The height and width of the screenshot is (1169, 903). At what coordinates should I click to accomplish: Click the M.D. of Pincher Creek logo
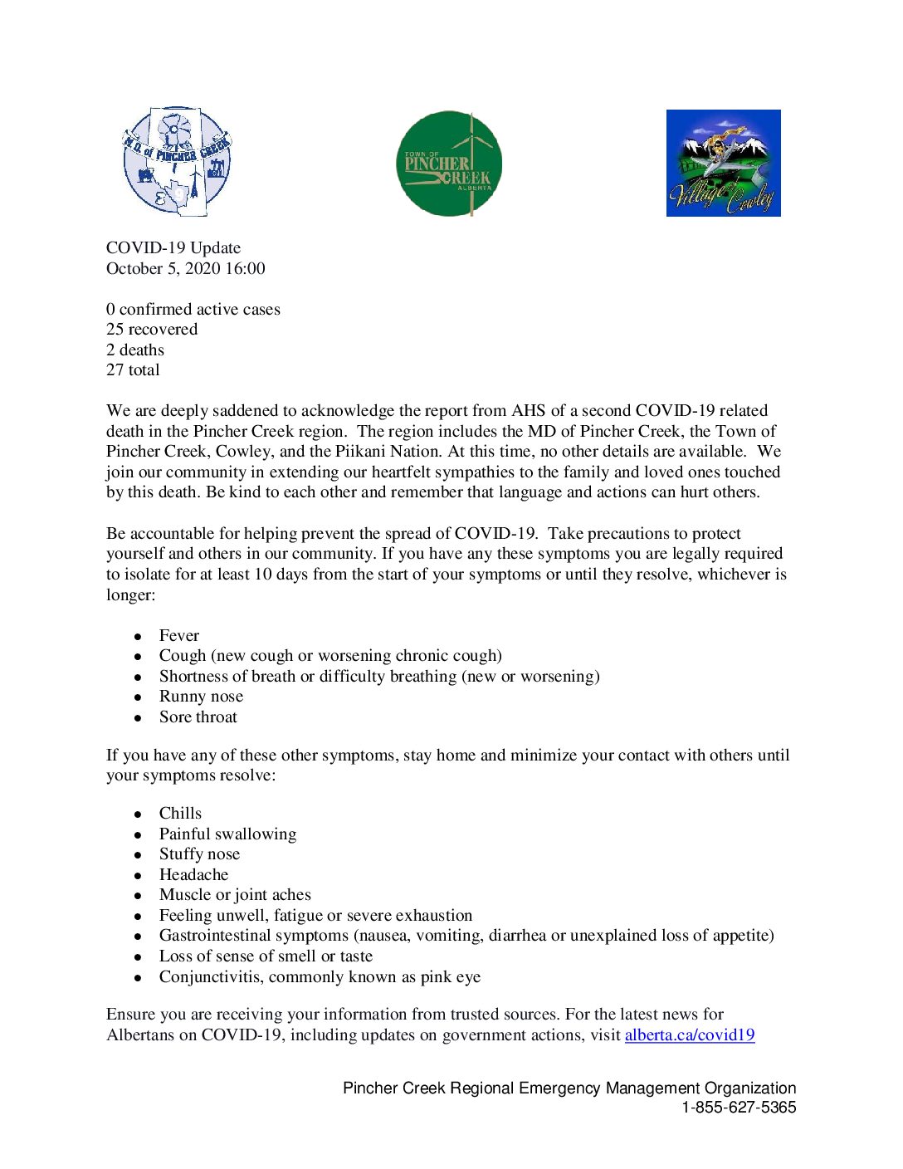(176, 161)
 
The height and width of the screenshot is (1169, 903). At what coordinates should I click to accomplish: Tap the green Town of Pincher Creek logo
(449, 164)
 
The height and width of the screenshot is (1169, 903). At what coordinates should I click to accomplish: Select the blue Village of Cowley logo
(723, 163)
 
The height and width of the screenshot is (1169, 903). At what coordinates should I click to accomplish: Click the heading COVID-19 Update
(173, 247)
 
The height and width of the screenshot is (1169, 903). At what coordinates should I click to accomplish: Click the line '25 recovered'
(152, 329)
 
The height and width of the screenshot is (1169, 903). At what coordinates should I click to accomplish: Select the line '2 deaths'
(135, 350)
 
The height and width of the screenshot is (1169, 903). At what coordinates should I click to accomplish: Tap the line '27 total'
(133, 369)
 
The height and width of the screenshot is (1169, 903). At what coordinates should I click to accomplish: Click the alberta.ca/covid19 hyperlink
(689, 1034)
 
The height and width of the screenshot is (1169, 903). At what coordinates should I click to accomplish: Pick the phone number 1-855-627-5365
(739, 1107)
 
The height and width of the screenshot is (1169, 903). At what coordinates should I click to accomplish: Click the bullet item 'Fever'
(179, 635)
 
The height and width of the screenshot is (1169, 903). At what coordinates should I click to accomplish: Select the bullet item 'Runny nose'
(201, 696)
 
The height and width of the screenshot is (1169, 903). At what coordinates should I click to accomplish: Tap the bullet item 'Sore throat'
(198, 717)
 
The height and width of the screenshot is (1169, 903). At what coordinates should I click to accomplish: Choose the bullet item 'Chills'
(180, 813)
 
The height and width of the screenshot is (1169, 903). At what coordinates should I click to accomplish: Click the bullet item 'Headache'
(193, 874)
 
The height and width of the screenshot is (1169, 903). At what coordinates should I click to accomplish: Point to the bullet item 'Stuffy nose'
(199, 854)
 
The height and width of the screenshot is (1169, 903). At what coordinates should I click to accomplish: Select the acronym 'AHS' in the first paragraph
(529, 410)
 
